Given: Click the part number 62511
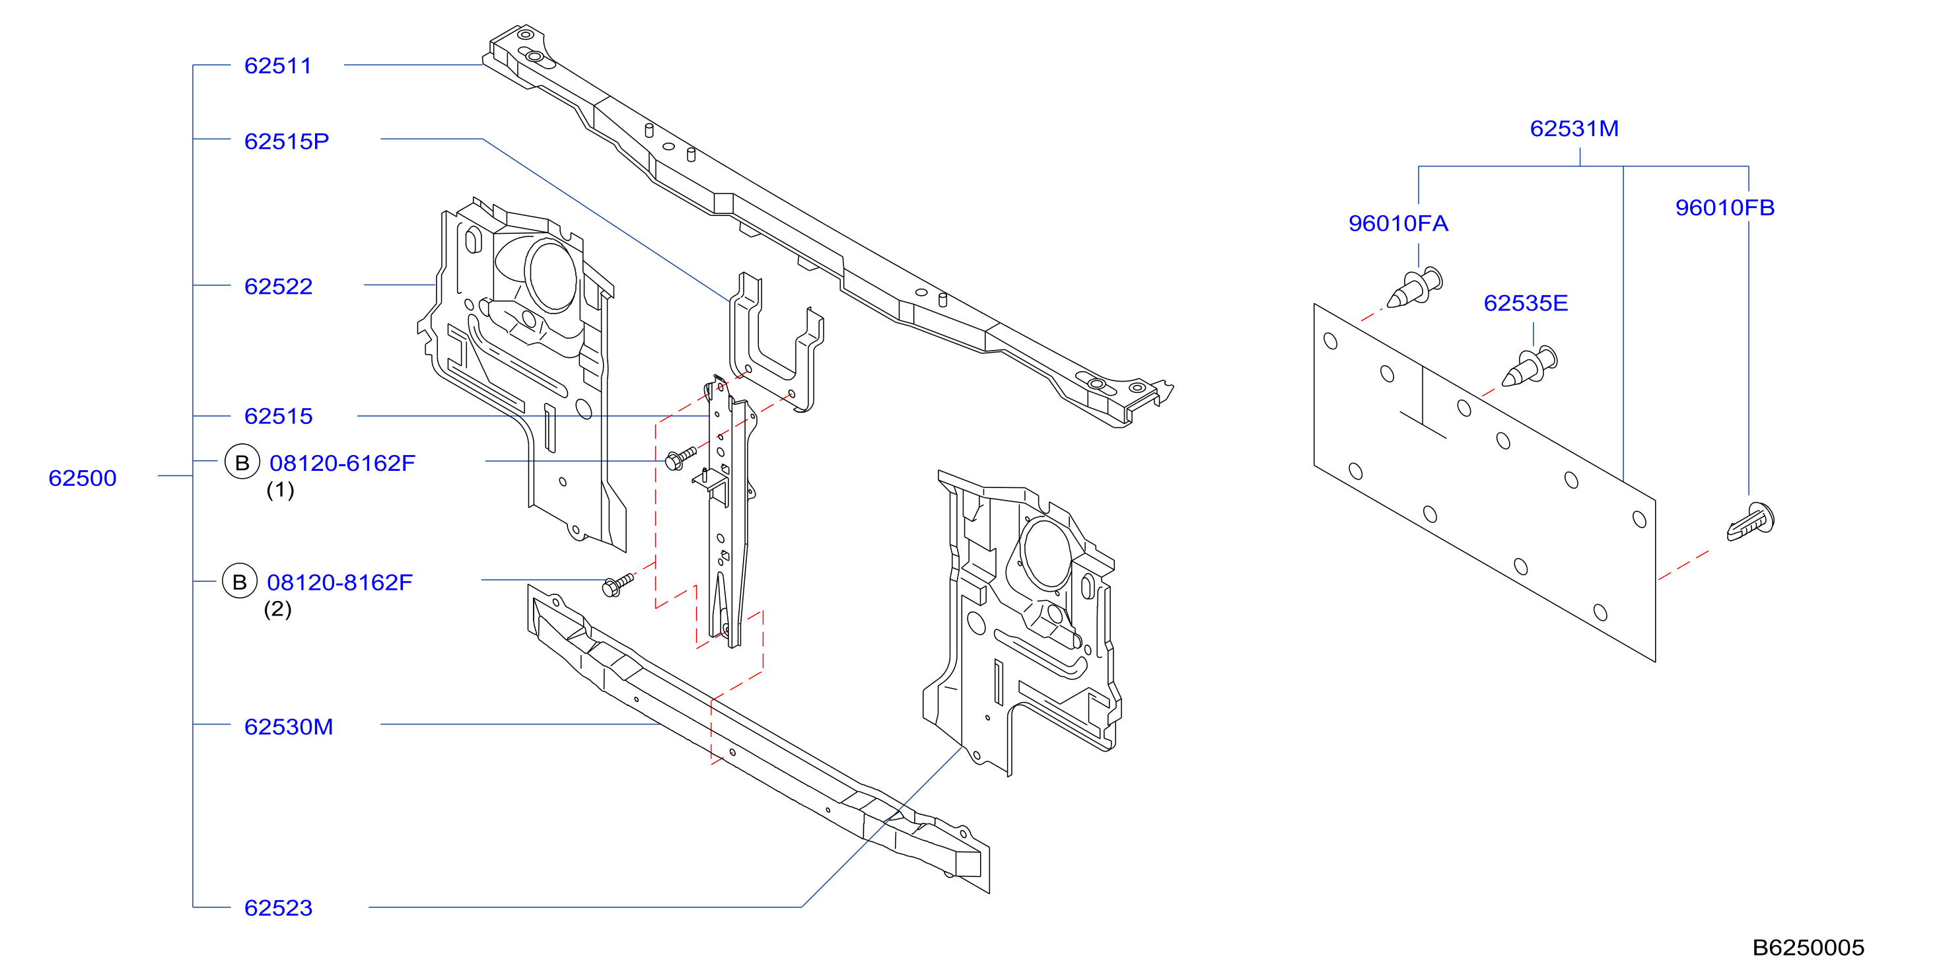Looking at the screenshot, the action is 278,66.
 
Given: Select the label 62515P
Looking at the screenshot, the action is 287,141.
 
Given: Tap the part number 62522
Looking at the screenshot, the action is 278,287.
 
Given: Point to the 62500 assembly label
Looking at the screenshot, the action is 82,478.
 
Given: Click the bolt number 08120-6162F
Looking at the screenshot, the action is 343,463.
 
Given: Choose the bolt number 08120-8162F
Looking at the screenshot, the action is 340,582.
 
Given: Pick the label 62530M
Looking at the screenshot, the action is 289,727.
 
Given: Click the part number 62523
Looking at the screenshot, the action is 278,908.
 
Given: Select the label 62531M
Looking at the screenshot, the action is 1574,129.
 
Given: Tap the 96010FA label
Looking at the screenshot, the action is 1398,224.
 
